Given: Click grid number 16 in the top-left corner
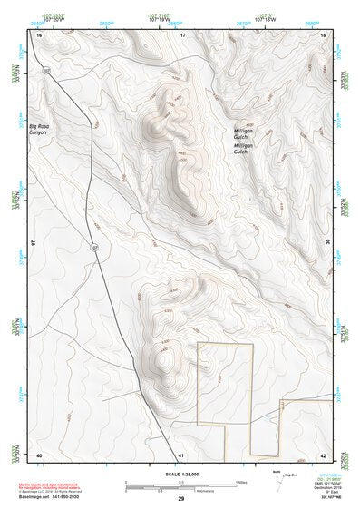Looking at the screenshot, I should tap(39, 34).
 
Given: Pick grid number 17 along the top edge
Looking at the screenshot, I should tap(181, 34).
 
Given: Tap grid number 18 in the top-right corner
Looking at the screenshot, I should tap(323, 34).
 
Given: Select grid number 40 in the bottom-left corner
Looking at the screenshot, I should tap(39, 455).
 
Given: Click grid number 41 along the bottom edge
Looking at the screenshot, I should tap(181, 455).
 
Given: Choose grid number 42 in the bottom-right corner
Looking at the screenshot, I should tap(323, 455).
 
